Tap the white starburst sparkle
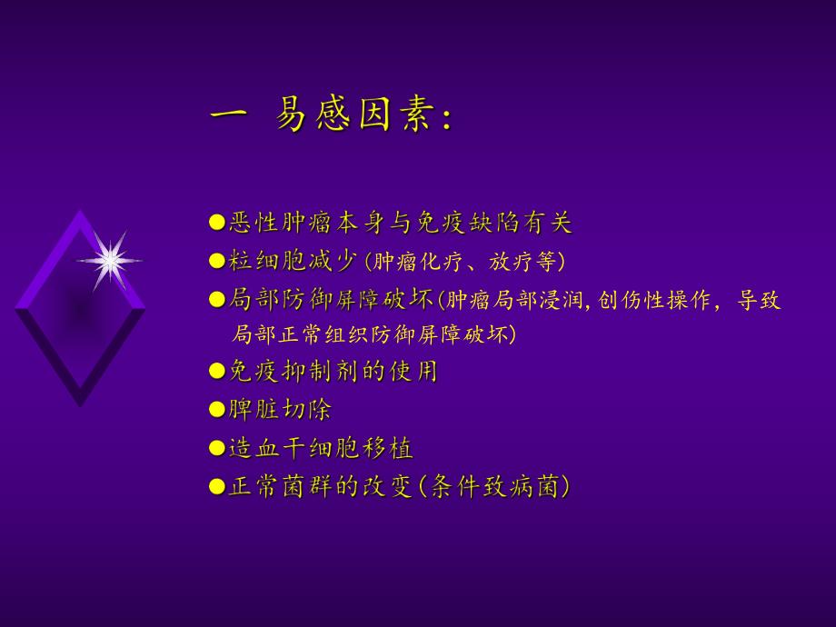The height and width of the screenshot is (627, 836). tap(110, 261)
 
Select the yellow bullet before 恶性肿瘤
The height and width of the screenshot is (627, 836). tap(216, 222)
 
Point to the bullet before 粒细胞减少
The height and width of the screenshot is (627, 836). tap(216, 262)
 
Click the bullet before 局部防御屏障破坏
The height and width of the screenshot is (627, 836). tap(216, 300)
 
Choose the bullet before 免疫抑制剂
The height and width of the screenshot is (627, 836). tap(216, 371)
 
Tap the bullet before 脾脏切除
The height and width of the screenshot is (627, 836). tap(216, 410)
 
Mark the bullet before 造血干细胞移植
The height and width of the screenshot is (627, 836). tap(216, 448)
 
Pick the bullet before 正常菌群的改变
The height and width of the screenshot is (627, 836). tap(216, 487)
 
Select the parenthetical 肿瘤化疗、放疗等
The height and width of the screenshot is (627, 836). tap(463, 262)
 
